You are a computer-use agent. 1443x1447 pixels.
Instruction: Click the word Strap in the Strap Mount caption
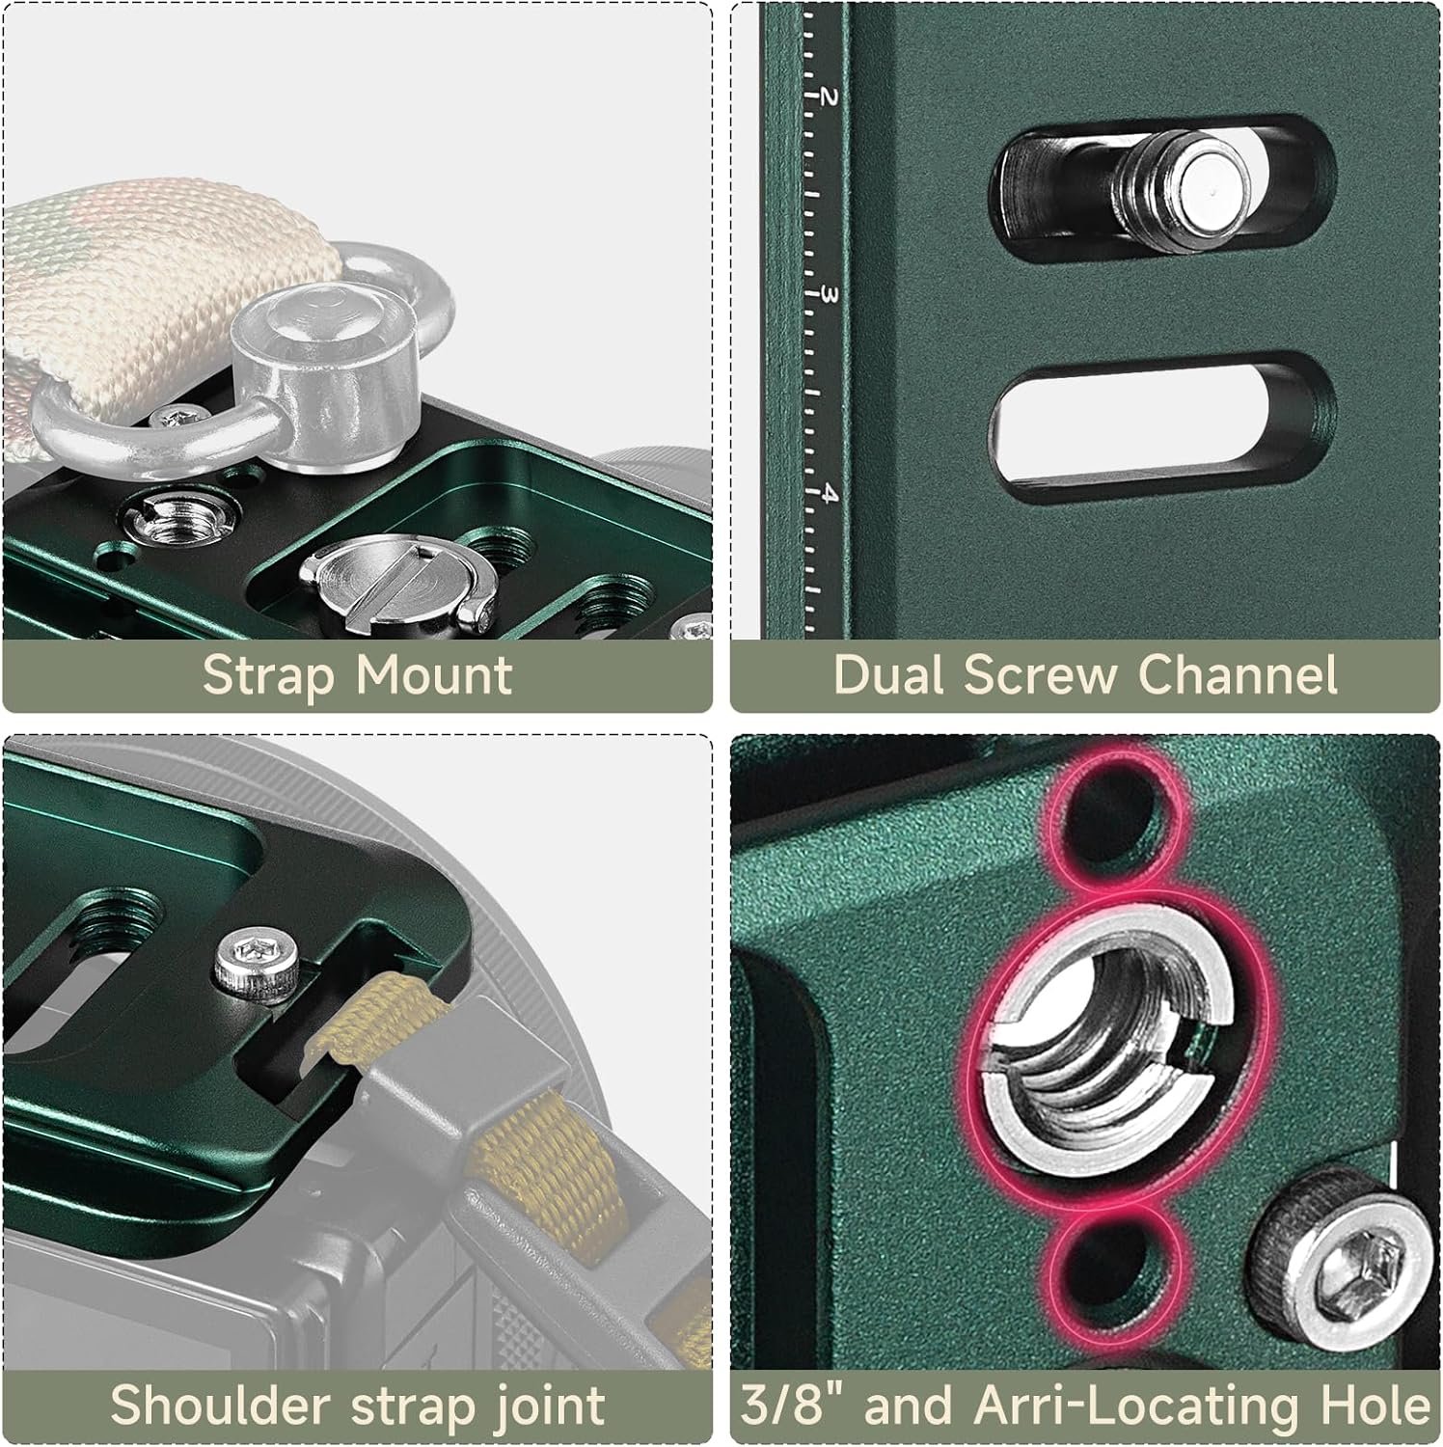click(x=267, y=676)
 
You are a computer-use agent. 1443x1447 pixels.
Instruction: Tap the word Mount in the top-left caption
click(x=434, y=675)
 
